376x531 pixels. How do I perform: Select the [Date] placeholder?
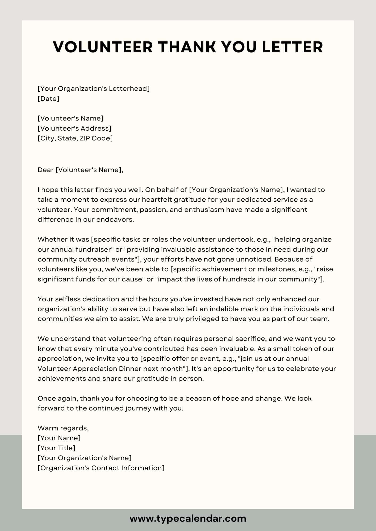point(48,99)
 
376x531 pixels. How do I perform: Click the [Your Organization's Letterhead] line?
point(94,89)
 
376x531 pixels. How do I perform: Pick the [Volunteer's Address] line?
point(74,129)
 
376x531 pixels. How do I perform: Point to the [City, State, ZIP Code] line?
point(75,138)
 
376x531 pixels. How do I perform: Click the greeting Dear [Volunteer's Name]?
point(80,170)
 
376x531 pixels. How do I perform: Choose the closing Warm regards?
point(63,428)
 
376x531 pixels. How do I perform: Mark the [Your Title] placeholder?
point(56,448)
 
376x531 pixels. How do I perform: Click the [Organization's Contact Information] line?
point(101,468)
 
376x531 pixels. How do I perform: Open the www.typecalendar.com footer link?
point(188,518)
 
